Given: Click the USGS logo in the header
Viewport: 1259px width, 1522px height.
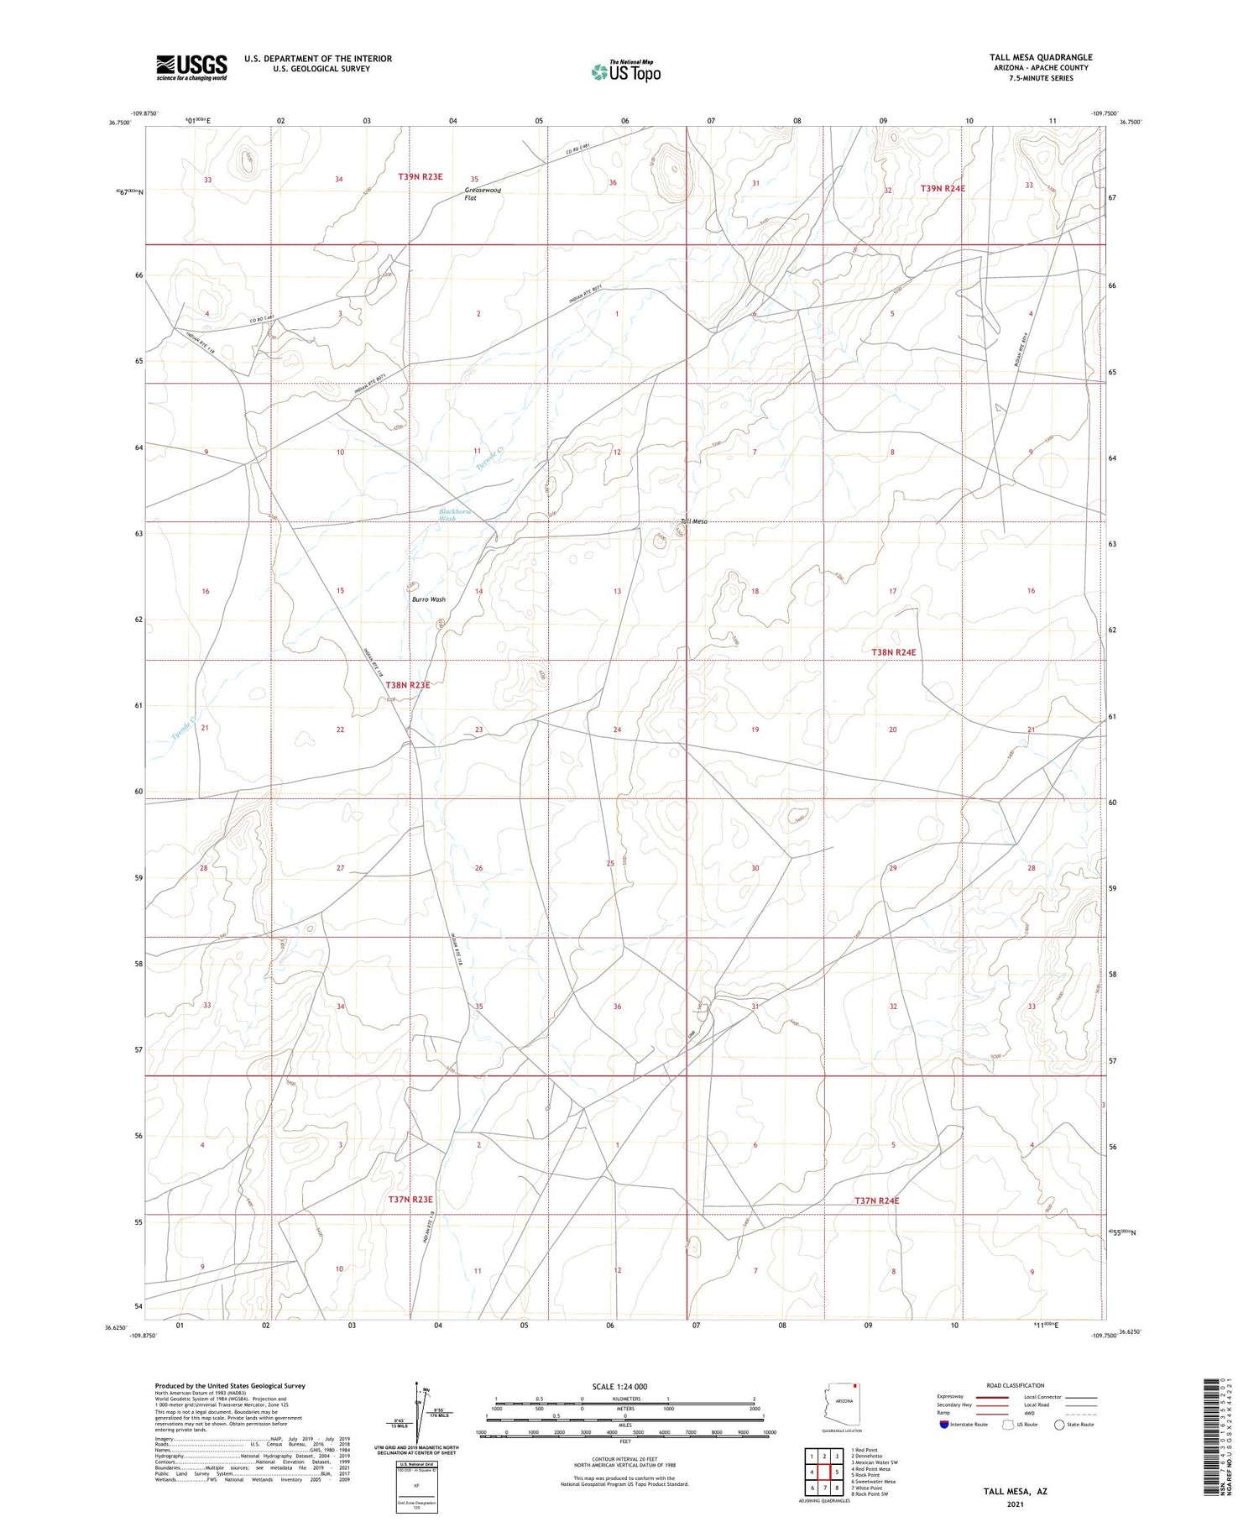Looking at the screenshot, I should click(x=191, y=67).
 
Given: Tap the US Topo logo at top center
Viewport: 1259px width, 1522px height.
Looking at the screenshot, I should click(x=625, y=72).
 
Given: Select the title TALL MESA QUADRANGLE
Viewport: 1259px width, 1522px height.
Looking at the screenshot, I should click(x=1040, y=57).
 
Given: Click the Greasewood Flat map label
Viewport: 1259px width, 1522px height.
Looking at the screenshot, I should click(x=483, y=194).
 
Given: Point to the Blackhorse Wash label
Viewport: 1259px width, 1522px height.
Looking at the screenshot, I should click(x=455, y=515).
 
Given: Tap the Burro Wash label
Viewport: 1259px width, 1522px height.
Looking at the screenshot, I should click(x=428, y=599).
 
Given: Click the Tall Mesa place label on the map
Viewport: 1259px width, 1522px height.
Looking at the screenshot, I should click(x=694, y=521).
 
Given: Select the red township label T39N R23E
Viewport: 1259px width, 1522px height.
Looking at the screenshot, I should click(x=420, y=177).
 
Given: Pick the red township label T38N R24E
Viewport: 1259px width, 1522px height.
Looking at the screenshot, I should click(x=893, y=652).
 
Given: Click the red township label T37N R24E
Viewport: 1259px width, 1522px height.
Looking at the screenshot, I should click(x=876, y=1201).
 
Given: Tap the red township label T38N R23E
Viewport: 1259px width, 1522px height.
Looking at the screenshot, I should click(x=407, y=685).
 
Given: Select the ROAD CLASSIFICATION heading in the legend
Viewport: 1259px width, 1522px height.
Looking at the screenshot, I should click(x=1015, y=1385).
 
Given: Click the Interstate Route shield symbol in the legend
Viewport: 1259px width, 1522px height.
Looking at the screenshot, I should click(x=944, y=1425).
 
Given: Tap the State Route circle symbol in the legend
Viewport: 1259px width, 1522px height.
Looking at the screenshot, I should click(x=1059, y=1425).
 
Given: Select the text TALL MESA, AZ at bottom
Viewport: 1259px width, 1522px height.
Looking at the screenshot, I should click(x=1015, y=1491).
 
